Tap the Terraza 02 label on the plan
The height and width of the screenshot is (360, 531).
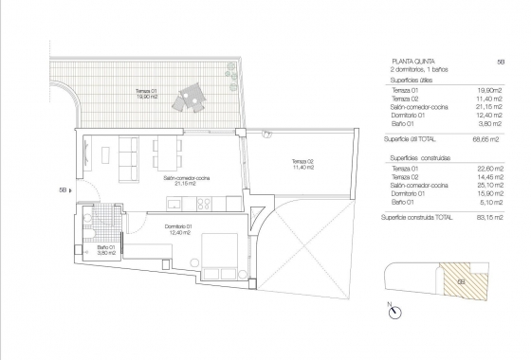tap(302, 165)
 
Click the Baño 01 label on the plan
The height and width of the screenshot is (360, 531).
tap(106, 251)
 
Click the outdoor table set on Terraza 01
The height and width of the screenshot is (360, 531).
tap(192, 95)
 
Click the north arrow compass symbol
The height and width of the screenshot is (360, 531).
tap(391, 309)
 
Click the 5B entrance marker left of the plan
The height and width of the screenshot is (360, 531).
tap(63, 189)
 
